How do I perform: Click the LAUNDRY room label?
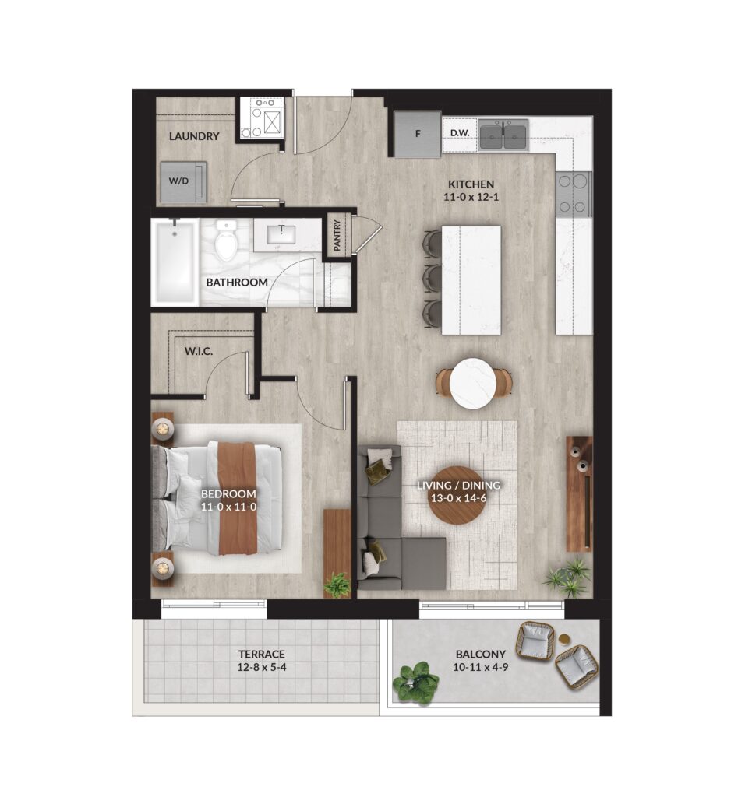pyautogui.click(x=194, y=136)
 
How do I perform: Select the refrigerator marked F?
pyautogui.click(x=417, y=134)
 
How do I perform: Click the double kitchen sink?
pyautogui.click(x=503, y=135)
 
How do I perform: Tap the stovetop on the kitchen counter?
pyautogui.click(x=574, y=193)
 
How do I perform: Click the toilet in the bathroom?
pyautogui.click(x=225, y=240)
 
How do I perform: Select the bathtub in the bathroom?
pyautogui.click(x=175, y=262)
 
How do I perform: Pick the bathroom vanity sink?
pyautogui.click(x=281, y=234)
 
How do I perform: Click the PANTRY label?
pyautogui.click(x=337, y=235)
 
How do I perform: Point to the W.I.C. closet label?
pyautogui.click(x=199, y=351)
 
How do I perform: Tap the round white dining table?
pyautogui.click(x=474, y=383)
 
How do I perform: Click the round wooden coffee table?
pyautogui.click(x=457, y=494)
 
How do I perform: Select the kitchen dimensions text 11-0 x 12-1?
pyautogui.click(x=471, y=197)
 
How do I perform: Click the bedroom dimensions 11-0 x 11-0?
pyautogui.click(x=228, y=507)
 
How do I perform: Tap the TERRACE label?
pyautogui.click(x=262, y=654)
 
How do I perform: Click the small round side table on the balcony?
pyautogui.click(x=564, y=640)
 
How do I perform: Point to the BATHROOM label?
pyautogui.click(x=237, y=282)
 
